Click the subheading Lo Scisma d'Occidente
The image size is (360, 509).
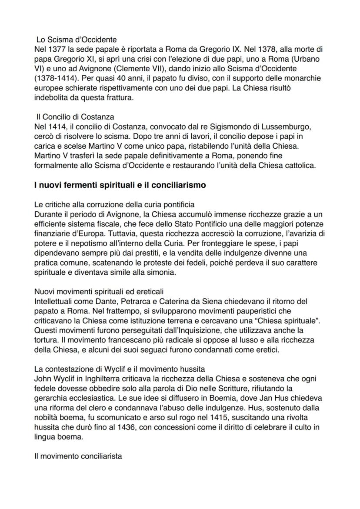coord(73,40)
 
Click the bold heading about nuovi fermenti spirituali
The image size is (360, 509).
coord(120,185)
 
